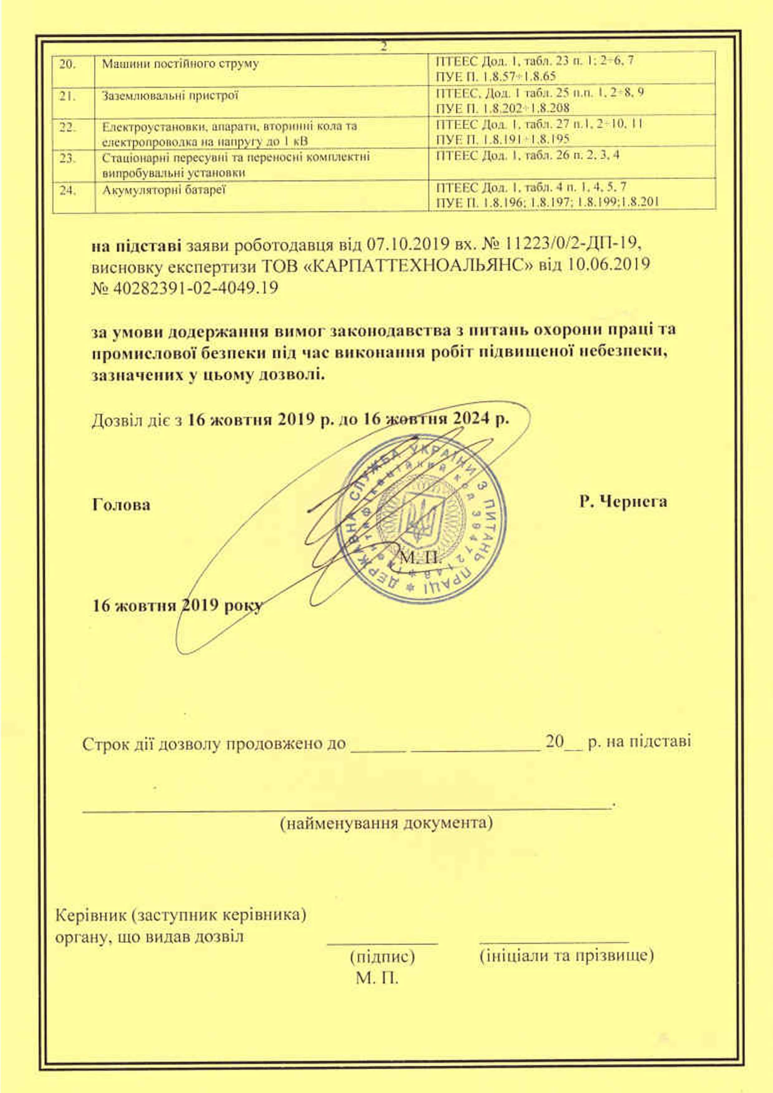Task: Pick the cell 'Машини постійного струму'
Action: coord(180,64)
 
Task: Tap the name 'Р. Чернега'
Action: coord(623,501)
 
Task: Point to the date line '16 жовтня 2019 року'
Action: coord(177,605)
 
